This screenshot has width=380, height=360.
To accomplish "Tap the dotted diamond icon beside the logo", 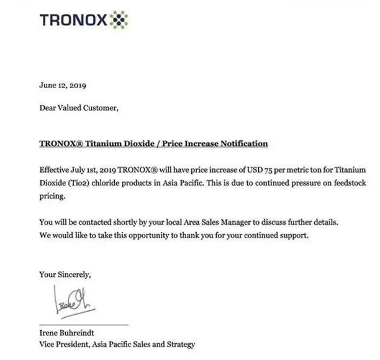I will (120, 20).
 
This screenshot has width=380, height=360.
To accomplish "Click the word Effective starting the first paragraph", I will (57, 169).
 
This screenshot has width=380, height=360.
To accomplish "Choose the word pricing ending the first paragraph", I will (52, 196).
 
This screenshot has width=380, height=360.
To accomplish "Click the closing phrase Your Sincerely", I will (65, 273).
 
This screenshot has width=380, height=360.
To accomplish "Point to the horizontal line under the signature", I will (83, 325).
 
